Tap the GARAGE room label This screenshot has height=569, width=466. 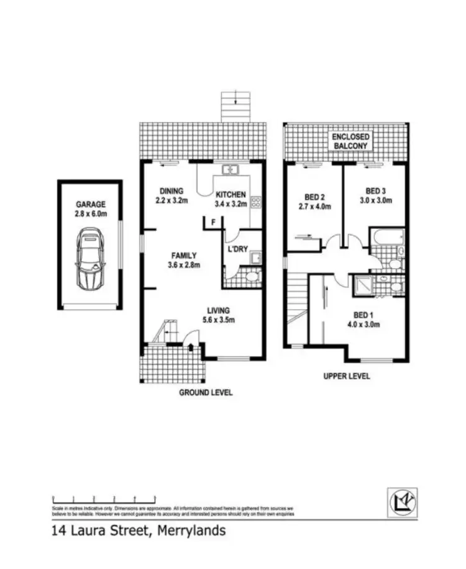pyautogui.click(x=91, y=204)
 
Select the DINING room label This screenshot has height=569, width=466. pyautogui.click(x=171, y=191)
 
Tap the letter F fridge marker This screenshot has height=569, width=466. pyautogui.click(x=213, y=222)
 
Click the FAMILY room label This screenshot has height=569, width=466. pyautogui.click(x=184, y=255)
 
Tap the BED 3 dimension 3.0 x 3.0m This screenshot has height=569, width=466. pyautogui.click(x=377, y=200)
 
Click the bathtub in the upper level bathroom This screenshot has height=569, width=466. pyautogui.click(x=387, y=236)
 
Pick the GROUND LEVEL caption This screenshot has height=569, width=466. pyautogui.click(x=205, y=392)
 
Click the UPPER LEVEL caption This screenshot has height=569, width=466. pyautogui.click(x=347, y=376)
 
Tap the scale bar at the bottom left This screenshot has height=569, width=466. pyautogui.click(x=104, y=498)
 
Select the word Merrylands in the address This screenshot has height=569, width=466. pyautogui.click(x=192, y=531)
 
